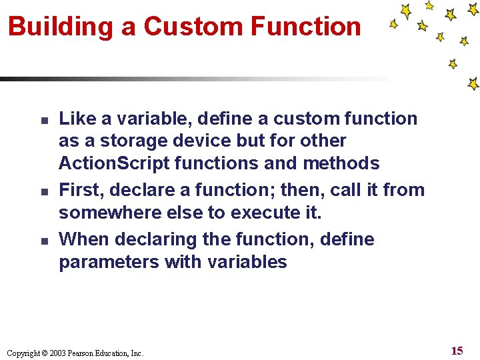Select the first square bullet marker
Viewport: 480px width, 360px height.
[41, 121]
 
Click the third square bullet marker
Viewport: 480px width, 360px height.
[41, 241]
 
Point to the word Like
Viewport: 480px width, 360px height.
[77, 119]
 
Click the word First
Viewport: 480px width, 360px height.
[79, 190]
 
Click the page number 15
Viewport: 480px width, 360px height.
[457, 351]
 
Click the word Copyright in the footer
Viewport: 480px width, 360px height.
[23, 353]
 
